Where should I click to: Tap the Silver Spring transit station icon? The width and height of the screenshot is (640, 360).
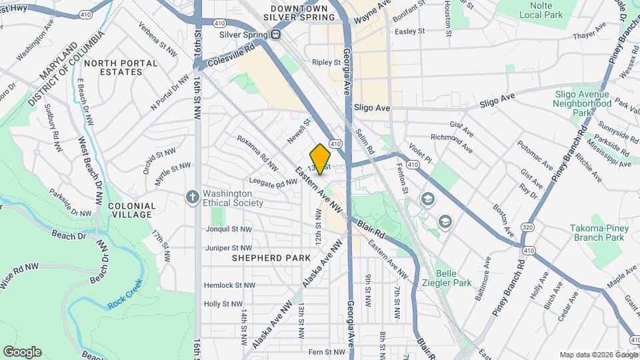[x=275, y=34]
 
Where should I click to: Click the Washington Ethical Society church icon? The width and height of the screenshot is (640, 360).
[x=192, y=197]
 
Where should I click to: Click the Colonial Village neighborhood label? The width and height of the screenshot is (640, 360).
[x=131, y=211]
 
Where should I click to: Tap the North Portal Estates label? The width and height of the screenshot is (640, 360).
[x=130, y=68]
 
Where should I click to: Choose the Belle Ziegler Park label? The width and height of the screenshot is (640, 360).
[x=453, y=278]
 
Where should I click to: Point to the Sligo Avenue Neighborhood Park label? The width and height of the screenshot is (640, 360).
[x=583, y=103]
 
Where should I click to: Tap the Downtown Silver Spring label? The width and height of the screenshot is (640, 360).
[x=299, y=13]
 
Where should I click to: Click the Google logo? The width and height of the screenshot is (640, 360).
[x=22, y=352]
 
